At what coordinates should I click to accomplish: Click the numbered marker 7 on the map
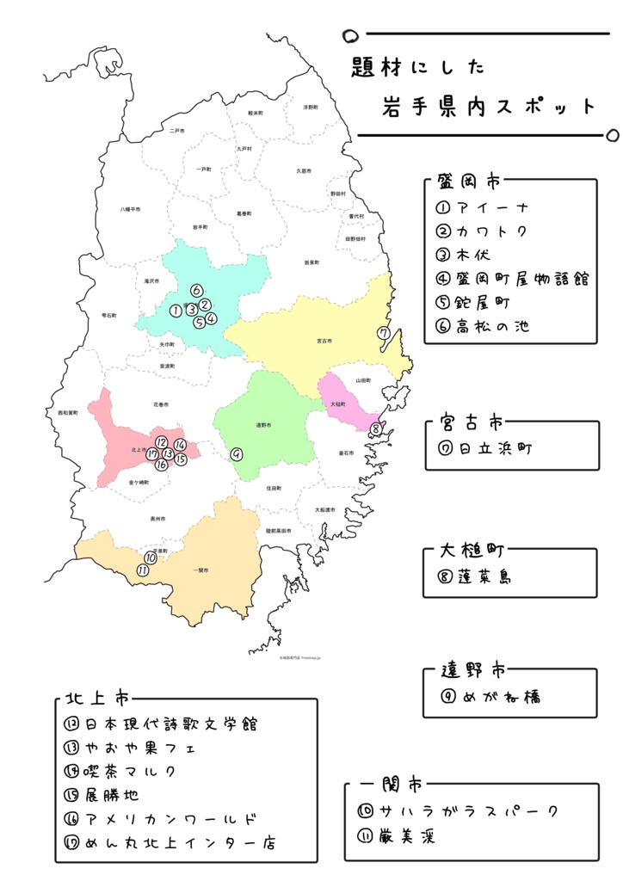pyautogui.click(x=384, y=334)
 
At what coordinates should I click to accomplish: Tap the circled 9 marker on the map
pyautogui.click(x=237, y=453)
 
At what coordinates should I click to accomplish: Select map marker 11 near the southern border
pyautogui.click(x=143, y=570)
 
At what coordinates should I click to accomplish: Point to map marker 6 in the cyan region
pyautogui.click(x=196, y=290)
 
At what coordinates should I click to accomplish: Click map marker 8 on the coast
pyautogui.click(x=375, y=428)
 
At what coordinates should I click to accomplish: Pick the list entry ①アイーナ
pyautogui.click(x=483, y=208)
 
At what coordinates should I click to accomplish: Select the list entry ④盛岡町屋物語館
pyautogui.click(x=511, y=278)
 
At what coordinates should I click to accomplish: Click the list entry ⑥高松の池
pyautogui.click(x=487, y=326)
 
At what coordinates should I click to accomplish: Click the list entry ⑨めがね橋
pyautogui.click(x=490, y=697)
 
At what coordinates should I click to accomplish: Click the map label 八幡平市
pyautogui.click(x=131, y=209)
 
